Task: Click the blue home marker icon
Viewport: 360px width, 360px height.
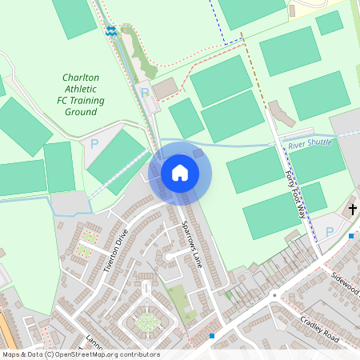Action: click(x=180, y=172)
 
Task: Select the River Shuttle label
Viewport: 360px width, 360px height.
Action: click(x=309, y=143)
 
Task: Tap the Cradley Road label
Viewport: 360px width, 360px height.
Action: click(x=319, y=329)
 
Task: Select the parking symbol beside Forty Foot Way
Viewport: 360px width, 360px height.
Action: click(x=330, y=232)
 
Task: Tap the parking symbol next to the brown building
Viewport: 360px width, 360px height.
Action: click(x=145, y=93)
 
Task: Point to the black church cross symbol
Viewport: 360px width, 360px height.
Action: click(x=352, y=210)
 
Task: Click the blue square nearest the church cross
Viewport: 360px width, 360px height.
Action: click(x=351, y=235)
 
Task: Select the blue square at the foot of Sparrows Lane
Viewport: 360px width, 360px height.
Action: click(x=211, y=336)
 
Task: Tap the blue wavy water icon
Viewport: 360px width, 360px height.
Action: click(x=110, y=31)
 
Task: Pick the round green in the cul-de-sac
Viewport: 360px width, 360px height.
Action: click(x=146, y=322)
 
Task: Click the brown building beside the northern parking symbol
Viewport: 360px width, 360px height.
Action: click(x=166, y=88)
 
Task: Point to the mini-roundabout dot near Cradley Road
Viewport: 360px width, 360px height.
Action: click(x=274, y=294)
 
